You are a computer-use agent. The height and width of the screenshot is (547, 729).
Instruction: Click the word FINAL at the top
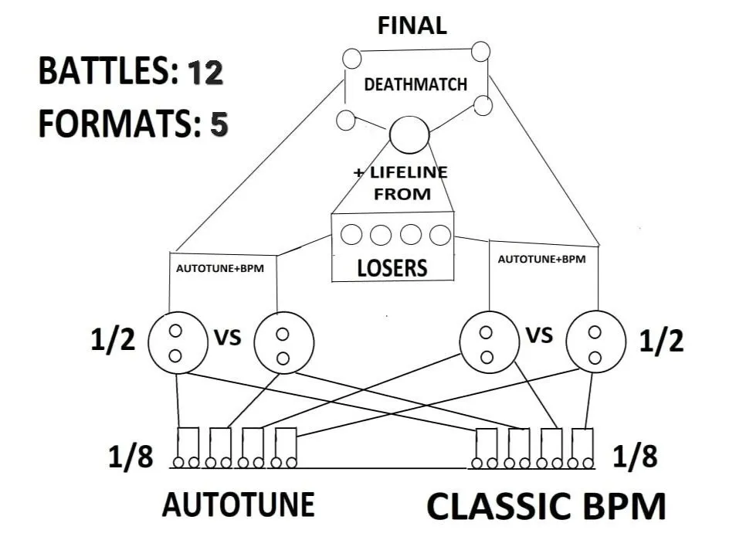coord(412,25)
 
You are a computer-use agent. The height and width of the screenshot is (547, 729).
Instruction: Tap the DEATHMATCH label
coord(415,85)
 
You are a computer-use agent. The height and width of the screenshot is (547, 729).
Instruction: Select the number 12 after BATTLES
coord(205,73)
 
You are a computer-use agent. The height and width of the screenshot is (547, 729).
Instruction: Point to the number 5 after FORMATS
coord(219,124)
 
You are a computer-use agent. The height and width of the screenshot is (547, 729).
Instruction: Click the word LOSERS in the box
coord(392,268)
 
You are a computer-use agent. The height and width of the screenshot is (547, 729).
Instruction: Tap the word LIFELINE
coord(409,172)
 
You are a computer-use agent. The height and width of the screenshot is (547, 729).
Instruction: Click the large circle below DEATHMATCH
coord(409,135)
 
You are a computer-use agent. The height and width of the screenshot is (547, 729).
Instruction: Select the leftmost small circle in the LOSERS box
coord(351,234)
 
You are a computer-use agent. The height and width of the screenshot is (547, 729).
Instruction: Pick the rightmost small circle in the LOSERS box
coord(440,235)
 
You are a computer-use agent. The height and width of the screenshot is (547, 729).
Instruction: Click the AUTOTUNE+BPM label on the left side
coord(220,269)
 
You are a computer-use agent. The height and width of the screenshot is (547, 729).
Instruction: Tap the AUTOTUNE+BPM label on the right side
coord(541,259)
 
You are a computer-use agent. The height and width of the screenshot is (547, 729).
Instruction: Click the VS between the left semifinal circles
coord(228,338)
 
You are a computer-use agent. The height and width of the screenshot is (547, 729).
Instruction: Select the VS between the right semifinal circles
coord(539,335)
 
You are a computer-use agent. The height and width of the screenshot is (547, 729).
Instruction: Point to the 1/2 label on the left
coord(113,340)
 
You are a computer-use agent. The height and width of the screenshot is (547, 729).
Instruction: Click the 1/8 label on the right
coord(635,457)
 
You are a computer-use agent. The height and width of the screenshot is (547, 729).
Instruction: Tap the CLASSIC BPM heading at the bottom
coord(547,507)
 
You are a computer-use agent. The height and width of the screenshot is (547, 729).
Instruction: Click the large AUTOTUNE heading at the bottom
coord(239,505)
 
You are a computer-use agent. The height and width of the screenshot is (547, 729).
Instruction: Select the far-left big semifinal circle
coord(178,342)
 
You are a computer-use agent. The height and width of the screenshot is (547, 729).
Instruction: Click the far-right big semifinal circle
coord(595,341)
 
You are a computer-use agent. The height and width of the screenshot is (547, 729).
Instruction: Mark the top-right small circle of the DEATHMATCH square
coord(481,51)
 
